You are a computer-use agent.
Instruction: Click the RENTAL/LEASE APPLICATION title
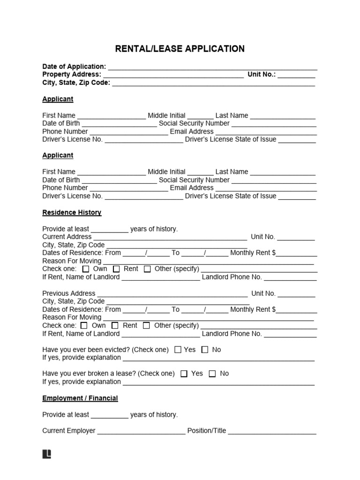coord(180,49)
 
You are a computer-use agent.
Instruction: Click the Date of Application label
coord(74,67)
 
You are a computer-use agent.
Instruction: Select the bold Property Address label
coord(71,75)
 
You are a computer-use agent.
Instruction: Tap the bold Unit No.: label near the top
coord(262,75)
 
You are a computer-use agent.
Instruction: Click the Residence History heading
coord(72,212)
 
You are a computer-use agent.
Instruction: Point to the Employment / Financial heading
coord(80,398)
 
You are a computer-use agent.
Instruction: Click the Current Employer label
coord(68,430)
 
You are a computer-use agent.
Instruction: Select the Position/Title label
coord(206,430)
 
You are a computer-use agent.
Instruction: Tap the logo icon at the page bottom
coord(46,454)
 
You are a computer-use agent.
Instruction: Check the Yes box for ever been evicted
coord(178,350)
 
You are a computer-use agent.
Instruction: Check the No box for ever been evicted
coord(205,350)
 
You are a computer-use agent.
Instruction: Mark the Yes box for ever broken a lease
coord(184,374)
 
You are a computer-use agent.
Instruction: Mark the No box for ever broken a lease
coord(212,374)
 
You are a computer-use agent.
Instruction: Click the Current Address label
coord(67,237)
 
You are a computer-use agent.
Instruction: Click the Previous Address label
coord(68,293)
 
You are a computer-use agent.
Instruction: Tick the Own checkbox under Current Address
coord(86,269)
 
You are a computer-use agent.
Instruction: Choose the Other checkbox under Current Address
coord(147,269)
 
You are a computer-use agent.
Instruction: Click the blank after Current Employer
coord(141,432)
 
